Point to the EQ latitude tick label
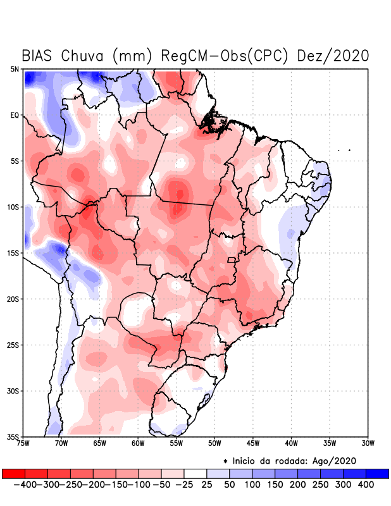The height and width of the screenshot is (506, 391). (15, 115)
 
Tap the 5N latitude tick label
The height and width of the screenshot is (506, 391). (15, 69)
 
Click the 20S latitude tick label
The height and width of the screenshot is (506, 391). (13, 299)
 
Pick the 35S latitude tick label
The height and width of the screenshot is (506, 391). (13, 436)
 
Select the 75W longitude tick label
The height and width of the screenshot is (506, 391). (23, 443)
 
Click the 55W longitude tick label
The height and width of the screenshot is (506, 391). (177, 443)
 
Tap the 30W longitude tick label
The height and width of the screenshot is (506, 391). (368, 443)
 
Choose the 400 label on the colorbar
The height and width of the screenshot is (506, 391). (365, 484)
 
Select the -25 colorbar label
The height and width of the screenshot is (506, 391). (184, 484)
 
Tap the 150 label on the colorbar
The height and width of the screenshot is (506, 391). (275, 484)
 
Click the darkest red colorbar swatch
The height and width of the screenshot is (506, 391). (14, 473)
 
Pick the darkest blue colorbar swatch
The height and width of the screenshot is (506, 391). (377, 473)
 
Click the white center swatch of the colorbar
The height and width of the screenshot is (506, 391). (195, 473)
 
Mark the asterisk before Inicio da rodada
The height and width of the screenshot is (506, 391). (225, 460)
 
